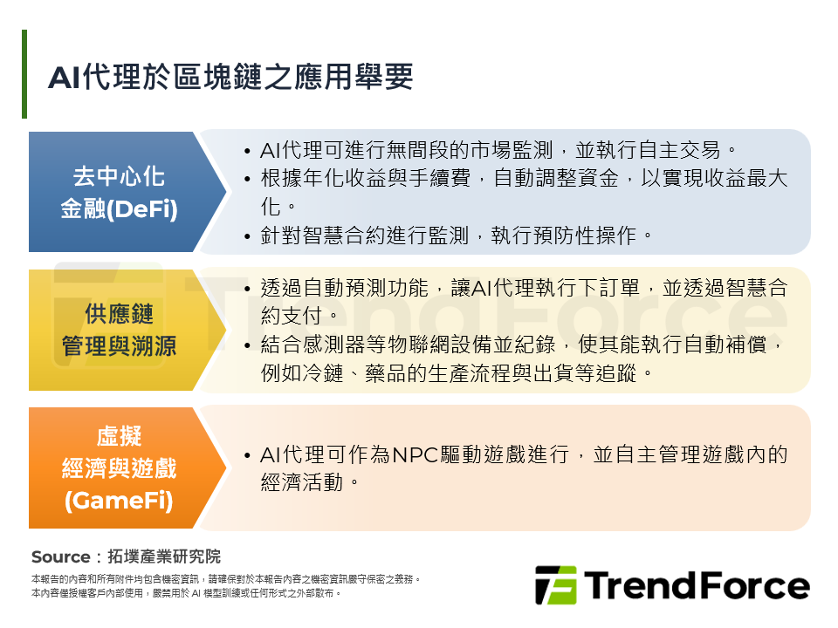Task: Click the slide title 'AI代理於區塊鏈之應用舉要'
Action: pos(230,77)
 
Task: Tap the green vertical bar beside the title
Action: pos(24,74)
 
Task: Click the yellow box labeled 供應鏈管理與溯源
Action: pos(118,330)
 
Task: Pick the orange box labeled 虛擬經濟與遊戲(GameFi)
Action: pos(118,468)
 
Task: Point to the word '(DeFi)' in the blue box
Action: pos(142,210)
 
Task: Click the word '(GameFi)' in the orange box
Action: pos(119,502)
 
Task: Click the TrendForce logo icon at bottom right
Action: pos(555,585)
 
